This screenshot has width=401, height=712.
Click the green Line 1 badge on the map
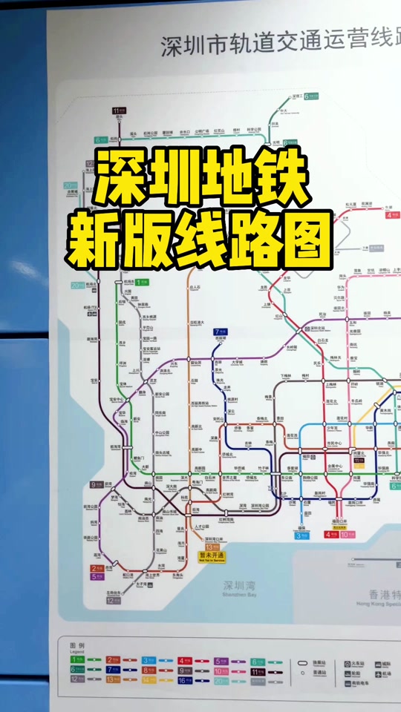click(141, 283)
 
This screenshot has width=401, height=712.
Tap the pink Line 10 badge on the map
click(345, 534)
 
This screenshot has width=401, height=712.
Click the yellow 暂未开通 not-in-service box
click(212, 556)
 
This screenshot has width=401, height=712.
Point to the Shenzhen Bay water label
click(240, 588)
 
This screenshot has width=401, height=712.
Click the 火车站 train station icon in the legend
click(348, 663)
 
